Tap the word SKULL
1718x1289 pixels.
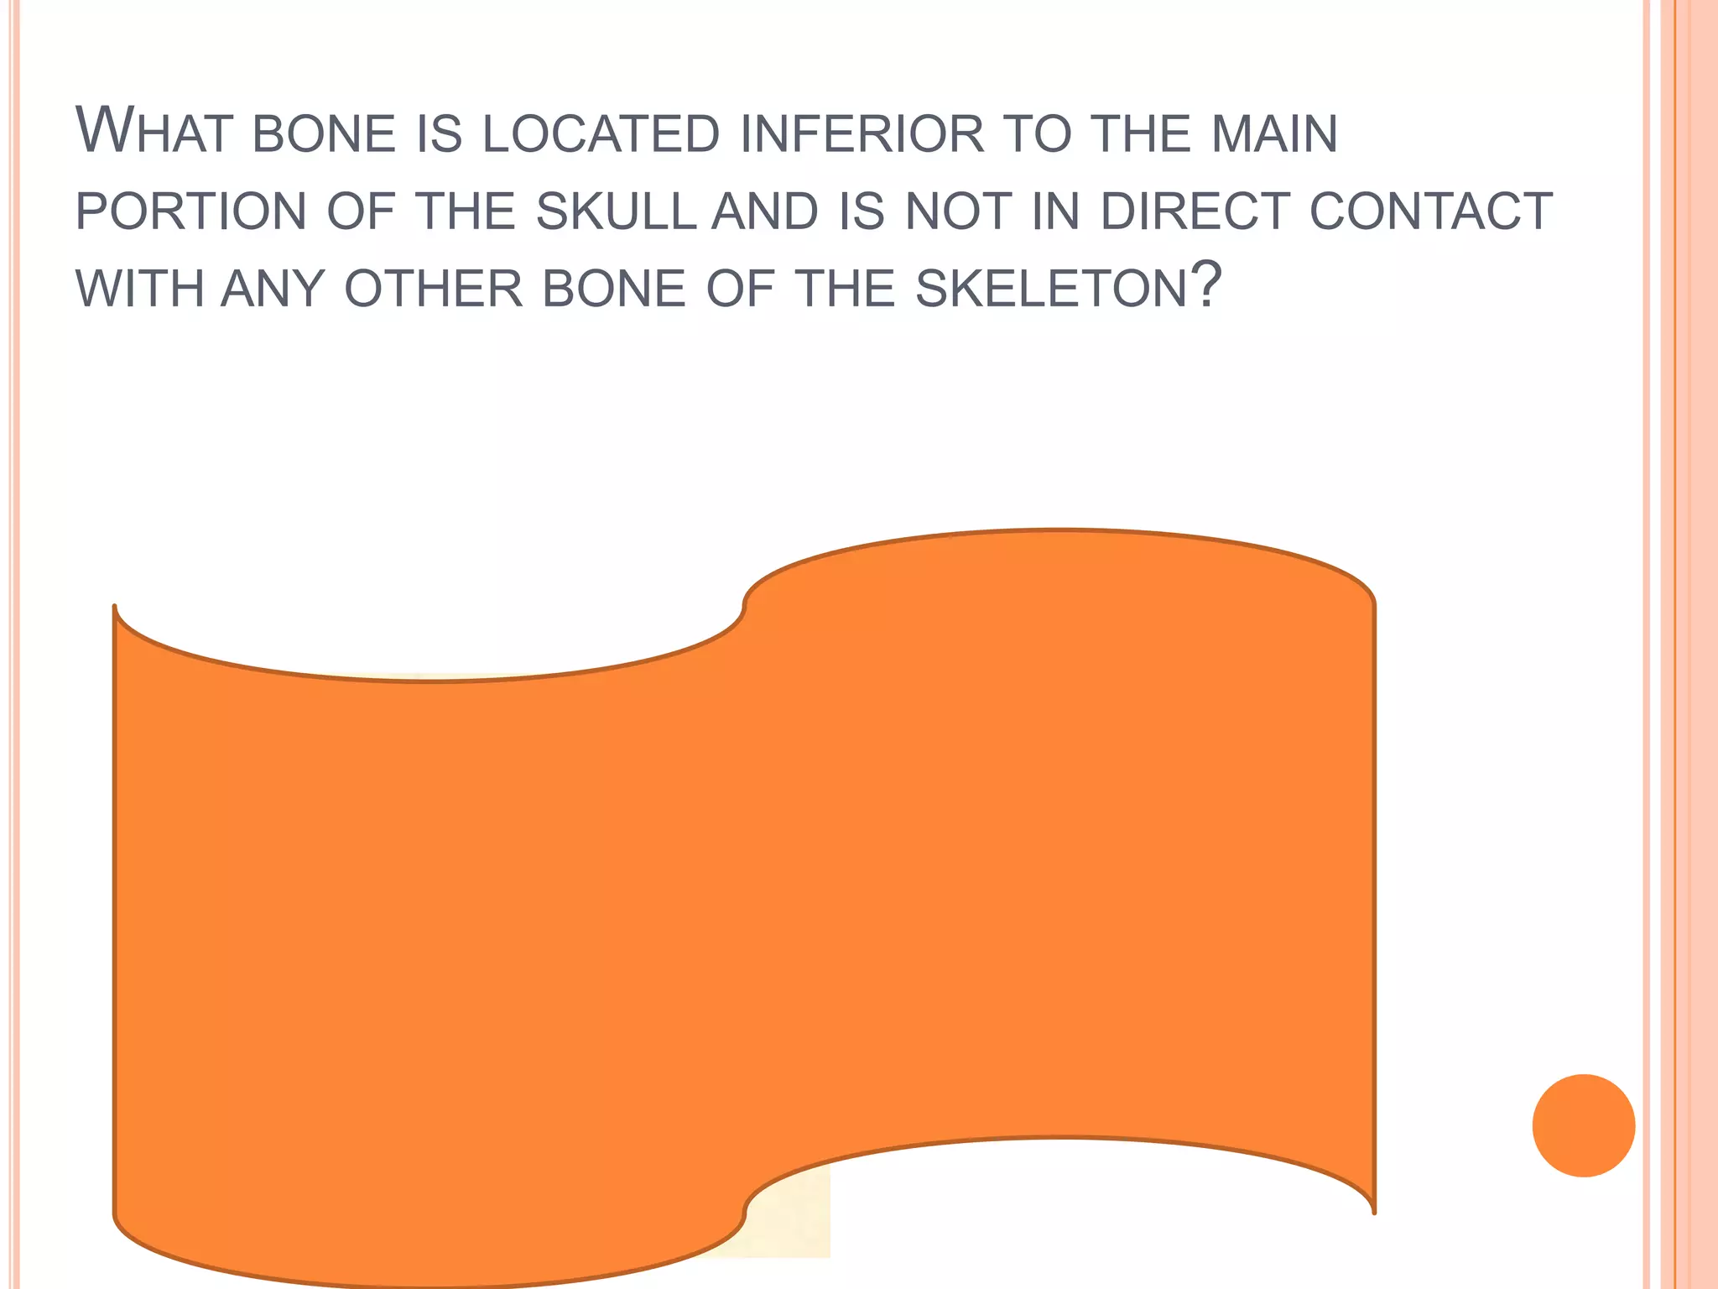pyautogui.click(x=616, y=211)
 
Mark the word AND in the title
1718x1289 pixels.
pyautogui.click(x=764, y=211)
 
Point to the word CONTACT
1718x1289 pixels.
pyautogui.click(x=1430, y=211)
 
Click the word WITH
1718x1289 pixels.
pyautogui.click(x=139, y=289)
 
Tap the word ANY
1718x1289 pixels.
pyautogui.click(x=273, y=289)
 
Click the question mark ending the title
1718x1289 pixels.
pyautogui.click(x=1206, y=285)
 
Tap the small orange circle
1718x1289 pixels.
pyautogui.click(x=1583, y=1125)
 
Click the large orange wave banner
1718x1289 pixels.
pyautogui.click(x=743, y=906)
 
